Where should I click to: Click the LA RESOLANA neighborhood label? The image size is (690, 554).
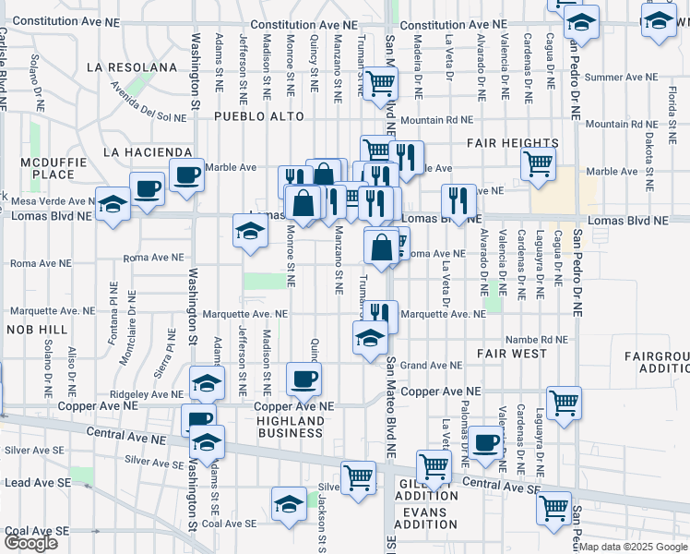(x=131, y=67)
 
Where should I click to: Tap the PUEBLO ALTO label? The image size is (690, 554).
(x=253, y=117)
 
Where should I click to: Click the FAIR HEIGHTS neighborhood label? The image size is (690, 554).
(x=512, y=143)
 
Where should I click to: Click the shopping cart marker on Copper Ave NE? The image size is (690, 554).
(x=564, y=402)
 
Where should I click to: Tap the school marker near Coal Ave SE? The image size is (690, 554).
(x=289, y=503)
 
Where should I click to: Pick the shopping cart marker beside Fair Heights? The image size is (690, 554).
(x=538, y=163)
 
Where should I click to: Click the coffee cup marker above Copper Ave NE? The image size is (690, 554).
(x=303, y=377)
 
